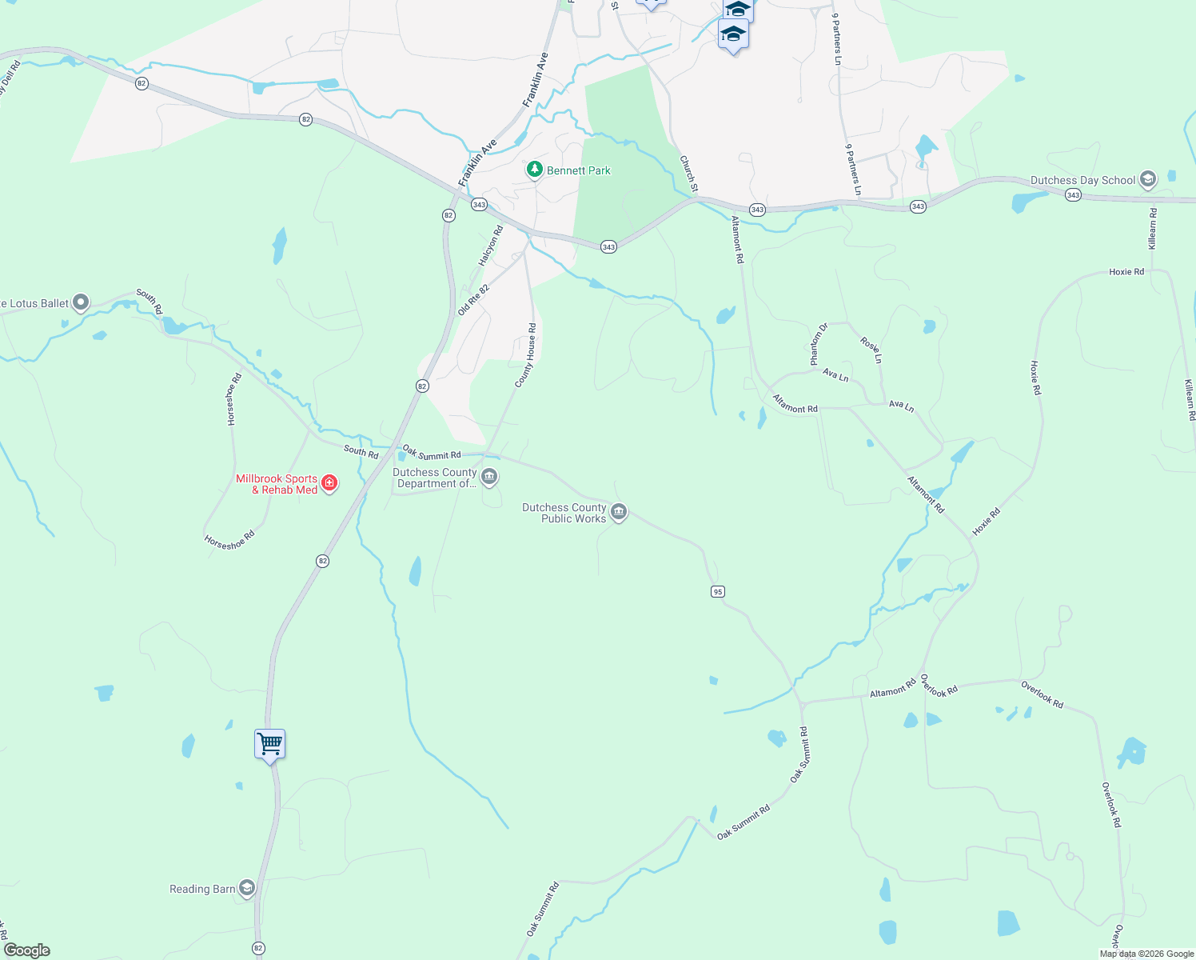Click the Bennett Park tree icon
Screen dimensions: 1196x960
tap(535, 170)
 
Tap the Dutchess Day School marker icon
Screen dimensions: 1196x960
tap(1148, 179)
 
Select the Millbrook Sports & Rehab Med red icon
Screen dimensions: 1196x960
tap(329, 483)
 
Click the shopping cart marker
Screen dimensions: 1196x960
tap(269, 744)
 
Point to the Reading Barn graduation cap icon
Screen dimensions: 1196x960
tap(247, 888)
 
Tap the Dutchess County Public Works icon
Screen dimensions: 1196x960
tap(618, 512)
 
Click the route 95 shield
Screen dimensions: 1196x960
tap(717, 591)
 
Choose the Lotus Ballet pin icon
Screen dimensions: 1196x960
tap(81, 302)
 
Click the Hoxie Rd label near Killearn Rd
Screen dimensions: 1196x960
tap(1126, 272)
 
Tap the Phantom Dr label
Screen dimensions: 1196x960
tap(819, 342)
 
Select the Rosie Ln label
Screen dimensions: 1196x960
tap(871, 350)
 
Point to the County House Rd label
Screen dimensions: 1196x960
tap(525, 355)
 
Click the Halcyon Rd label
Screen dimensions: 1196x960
tap(491, 246)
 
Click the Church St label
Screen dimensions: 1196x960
tap(688, 174)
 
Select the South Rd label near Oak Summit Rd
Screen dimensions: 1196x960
tap(361, 452)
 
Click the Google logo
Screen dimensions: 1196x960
tap(27, 950)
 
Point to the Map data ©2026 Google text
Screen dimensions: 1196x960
tap(1146, 954)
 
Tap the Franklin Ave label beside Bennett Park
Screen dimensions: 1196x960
tap(478, 163)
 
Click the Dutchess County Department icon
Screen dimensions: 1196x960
tap(489, 478)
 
